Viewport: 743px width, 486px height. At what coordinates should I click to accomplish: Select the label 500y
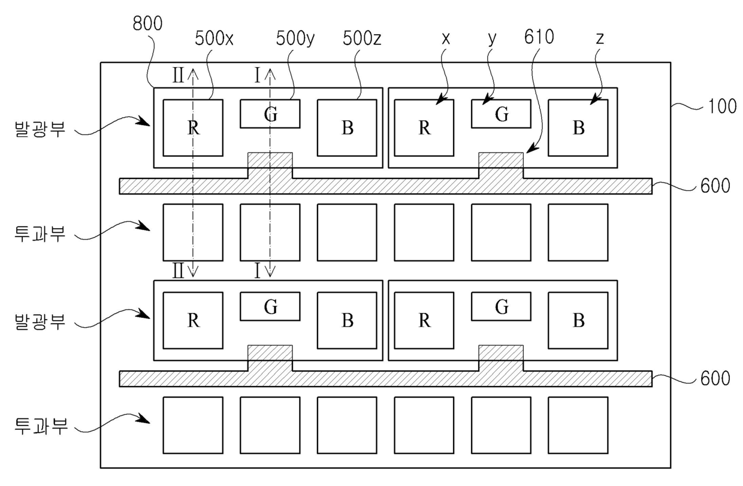295,40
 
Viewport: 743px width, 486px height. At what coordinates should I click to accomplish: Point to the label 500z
363,40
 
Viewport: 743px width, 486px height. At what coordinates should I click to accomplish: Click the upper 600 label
714,186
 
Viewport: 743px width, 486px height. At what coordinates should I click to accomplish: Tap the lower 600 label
714,379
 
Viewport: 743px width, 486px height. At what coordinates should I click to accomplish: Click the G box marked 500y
270,114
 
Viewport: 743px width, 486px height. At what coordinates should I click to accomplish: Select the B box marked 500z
347,127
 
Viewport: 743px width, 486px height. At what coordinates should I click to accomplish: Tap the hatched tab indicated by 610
501,161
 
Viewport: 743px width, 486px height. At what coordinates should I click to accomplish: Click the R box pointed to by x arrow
424,127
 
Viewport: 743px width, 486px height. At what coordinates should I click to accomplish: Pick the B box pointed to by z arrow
578,127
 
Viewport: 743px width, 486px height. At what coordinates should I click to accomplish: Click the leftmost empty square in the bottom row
193,425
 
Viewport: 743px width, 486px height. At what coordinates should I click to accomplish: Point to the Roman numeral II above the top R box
178,75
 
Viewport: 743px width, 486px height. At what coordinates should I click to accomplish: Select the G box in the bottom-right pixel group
502,307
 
